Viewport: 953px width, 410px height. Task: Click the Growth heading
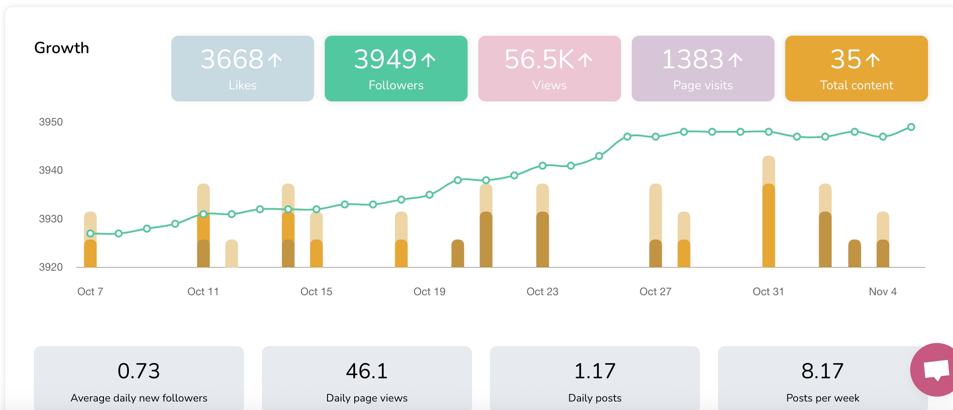tap(62, 48)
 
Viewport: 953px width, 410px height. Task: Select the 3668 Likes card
tap(242, 68)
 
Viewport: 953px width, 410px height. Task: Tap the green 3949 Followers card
tap(396, 68)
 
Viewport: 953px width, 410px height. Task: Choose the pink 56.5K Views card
tap(549, 68)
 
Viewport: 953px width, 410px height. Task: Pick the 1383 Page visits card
tap(703, 68)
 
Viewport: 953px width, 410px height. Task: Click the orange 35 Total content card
tap(856, 68)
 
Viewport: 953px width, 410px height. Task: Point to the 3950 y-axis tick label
tap(51, 122)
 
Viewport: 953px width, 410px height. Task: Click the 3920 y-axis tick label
tap(51, 267)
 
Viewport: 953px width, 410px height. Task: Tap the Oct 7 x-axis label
tap(90, 292)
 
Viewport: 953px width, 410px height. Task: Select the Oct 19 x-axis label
tap(429, 292)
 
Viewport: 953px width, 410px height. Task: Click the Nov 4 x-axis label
tap(883, 292)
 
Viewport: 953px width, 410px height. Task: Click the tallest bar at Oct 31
tap(768, 214)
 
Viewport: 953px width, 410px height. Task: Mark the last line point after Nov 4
tap(911, 127)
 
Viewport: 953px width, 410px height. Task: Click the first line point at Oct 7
tap(91, 234)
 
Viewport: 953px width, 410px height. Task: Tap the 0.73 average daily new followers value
tap(139, 371)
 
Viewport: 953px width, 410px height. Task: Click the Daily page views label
tap(367, 398)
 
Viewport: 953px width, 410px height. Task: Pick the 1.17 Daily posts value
tap(595, 371)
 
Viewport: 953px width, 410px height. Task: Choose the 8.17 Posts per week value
tap(822, 371)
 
